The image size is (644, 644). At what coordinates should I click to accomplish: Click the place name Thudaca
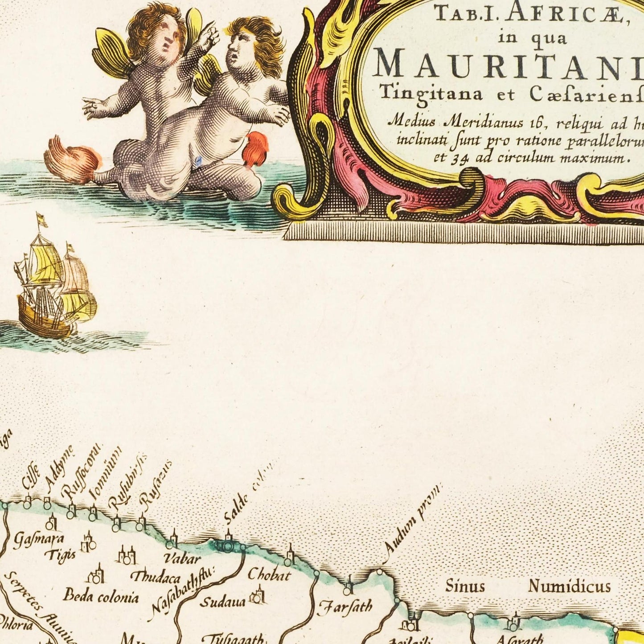[155, 578]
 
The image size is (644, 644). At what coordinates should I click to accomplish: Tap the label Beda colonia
[101, 596]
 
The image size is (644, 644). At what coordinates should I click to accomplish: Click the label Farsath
[345, 607]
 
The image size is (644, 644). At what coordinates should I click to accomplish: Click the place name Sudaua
[222, 603]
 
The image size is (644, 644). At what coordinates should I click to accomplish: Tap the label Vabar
[182, 558]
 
